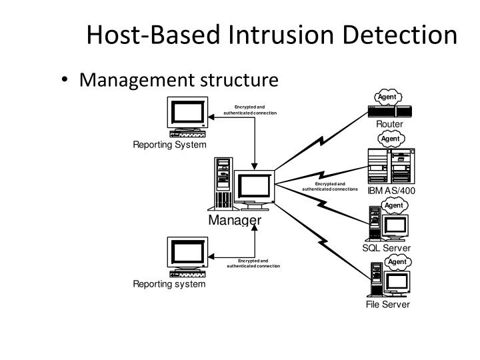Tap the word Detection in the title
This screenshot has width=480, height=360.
tap(400, 35)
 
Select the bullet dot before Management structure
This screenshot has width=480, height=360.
tap(64, 79)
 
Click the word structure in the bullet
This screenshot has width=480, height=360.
tap(239, 80)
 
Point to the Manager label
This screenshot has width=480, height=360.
tap(235, 220)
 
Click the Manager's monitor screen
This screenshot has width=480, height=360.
tap(254, 186)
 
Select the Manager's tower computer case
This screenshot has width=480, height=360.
tap(223, 184)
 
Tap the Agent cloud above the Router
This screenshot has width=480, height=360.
tap(388, 97)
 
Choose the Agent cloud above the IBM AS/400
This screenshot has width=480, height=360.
tap(391, 139)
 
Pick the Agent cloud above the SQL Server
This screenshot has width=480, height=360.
tap(394, 205)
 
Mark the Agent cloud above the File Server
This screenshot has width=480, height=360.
tap(397, 262)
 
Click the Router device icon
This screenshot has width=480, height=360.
tap(390, 111)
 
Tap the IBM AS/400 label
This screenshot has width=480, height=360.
tap(391, 191)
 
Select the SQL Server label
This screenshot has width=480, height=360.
tap(386, 247)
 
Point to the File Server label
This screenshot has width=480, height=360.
tap(387, 304)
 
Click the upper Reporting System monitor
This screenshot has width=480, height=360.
tap(187, 113)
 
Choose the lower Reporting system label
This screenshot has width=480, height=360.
tap(169, 284)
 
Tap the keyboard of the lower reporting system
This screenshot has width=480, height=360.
tap(187, 273)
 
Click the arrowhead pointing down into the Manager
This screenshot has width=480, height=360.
tap(255, 166)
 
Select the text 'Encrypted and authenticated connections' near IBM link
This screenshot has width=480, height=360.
tap(330, 187)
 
